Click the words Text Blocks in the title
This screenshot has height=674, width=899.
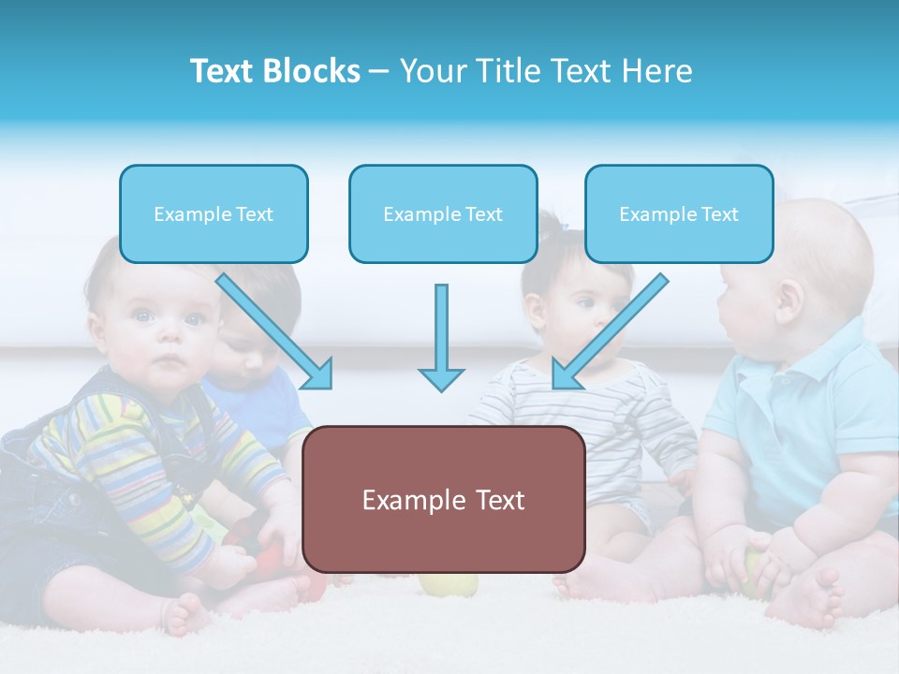(x=274, y=71)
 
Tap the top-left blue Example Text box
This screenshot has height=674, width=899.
(x=214, y=214)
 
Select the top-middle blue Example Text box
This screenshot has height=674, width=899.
(x=443, y=214)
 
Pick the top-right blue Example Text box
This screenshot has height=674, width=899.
(x=679, y=214)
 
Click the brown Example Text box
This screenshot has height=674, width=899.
(x=443, y=500)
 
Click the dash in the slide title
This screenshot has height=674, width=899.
(x=379, y=72)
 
